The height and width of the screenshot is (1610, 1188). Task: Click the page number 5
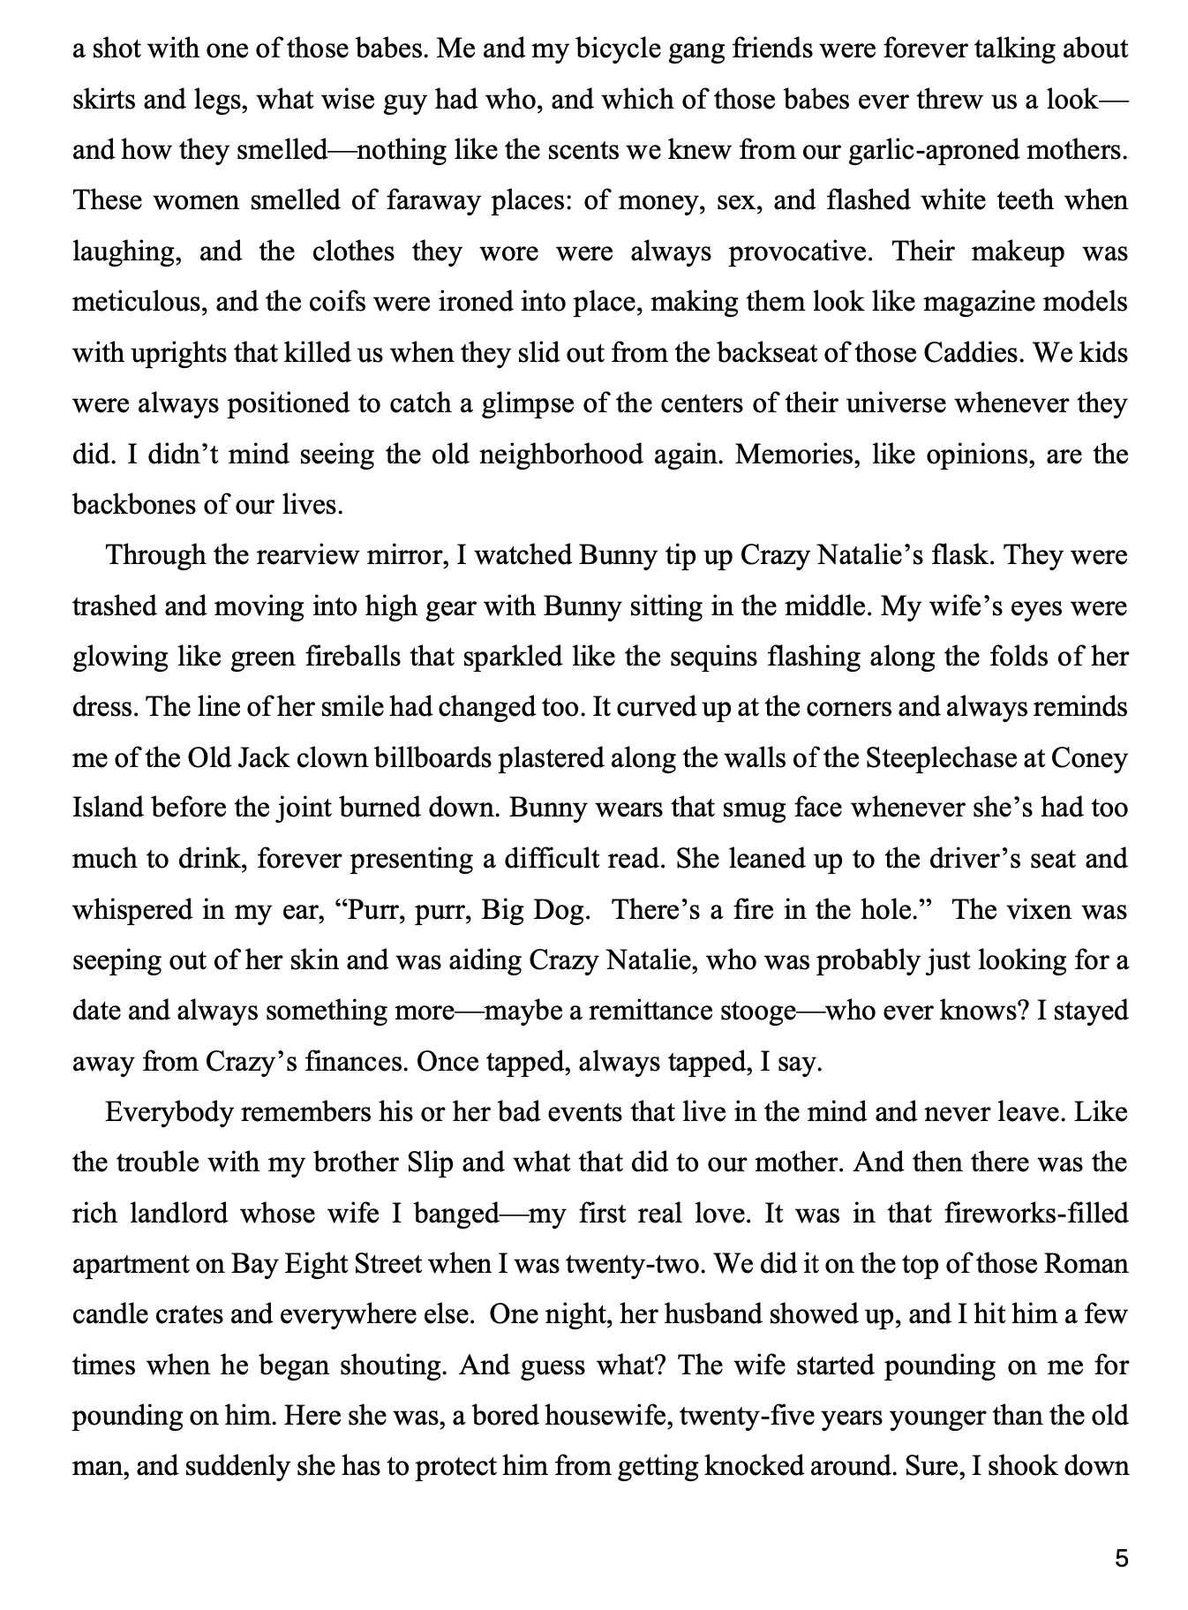(1121, 1558)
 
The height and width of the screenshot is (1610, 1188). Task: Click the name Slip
(431, 1162)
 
